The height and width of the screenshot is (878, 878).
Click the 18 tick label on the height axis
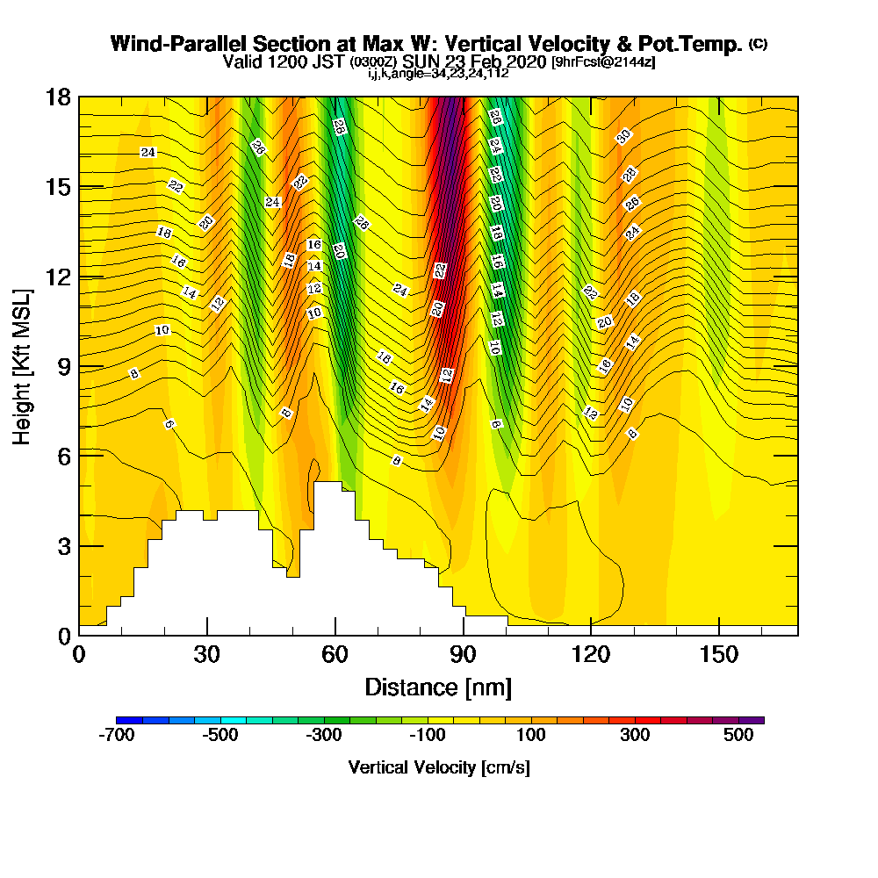pyautogui.click(x=58, y=97)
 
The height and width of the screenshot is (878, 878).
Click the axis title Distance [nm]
pyautogui.click(x=438, y=687)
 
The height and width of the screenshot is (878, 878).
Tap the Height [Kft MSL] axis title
pyautogui.click(x=22, y=365)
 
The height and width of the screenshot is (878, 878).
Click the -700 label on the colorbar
pyautogui.click(x=118, y=735)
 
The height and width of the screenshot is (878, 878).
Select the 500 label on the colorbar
pyautogui.click(x=738, y=735)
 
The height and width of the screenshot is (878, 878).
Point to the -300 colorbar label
pyautogui.click(x=323, y=735)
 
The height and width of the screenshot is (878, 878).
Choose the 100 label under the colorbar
pyautogui.click(x=530, y=735)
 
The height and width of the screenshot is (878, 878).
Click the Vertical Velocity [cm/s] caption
pyautogui.click(x=438, y=767)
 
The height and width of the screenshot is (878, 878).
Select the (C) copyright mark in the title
pyautogui.click(x=757, y=44)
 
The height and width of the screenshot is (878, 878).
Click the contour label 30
pyautogui.click(x=623, y=136)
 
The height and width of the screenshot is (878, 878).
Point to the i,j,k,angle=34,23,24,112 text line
pyautogui.click(x=438, y=73)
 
